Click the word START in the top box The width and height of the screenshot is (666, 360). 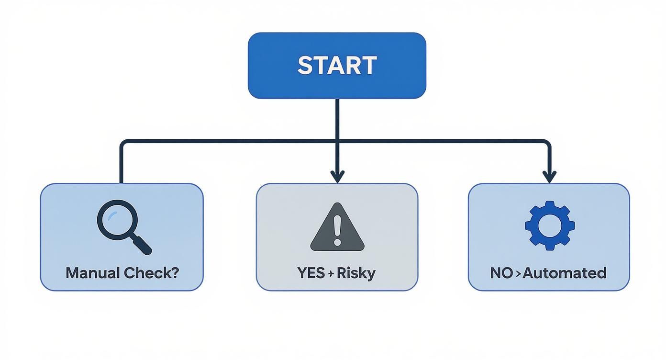click(337, 66)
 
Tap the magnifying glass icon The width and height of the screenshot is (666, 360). click(122, 226)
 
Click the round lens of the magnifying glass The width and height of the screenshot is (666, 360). click(117, 220)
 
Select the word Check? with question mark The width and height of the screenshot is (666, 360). click(151, 273)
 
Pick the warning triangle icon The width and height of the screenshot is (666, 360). click(337, 228)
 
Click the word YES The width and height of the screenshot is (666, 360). click(311, 273)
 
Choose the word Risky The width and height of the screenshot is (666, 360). click(356, 273)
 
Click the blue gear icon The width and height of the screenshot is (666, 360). click(549, 225)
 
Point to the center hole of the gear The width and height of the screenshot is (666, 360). click(549, 225)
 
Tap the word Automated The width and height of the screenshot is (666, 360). click(565, 273)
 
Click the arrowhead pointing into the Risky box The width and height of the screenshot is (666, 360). click(337, 176)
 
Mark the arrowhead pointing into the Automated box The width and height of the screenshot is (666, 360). click(549, 176)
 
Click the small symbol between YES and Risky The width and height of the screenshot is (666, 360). click(331, 273)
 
